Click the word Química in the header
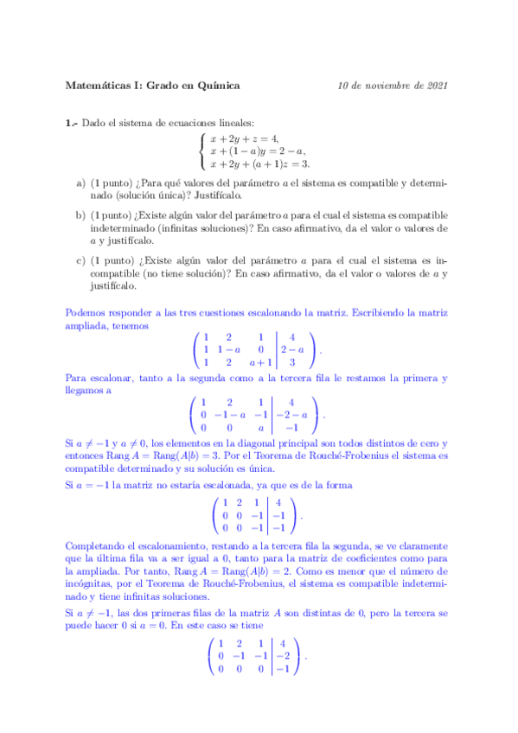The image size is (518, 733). pos(218,86)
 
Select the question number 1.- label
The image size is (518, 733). pos(72,124)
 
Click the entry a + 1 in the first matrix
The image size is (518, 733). pos(260,363)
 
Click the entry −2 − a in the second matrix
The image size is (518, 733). pos(293,414)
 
